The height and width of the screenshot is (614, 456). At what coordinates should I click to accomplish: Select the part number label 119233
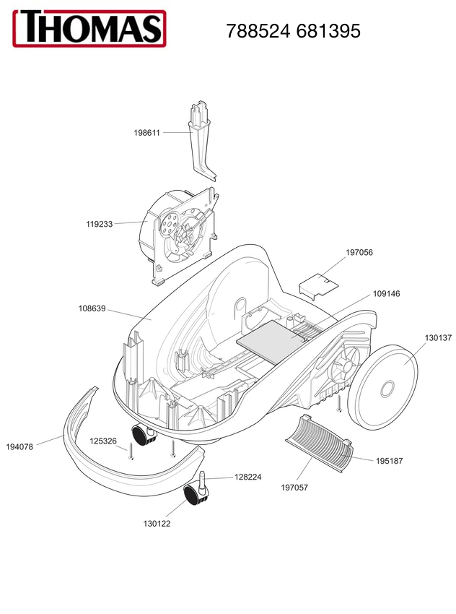[x=100, y=224]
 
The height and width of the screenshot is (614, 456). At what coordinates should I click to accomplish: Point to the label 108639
[x=92, y=308]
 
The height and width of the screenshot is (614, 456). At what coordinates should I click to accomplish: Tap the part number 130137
[x=438, y=337]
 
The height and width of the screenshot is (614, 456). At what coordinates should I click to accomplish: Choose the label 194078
[x=19, y=446]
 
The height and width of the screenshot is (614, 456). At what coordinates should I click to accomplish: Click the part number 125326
[x=103, y=441]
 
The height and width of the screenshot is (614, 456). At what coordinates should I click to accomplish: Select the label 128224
[x=247, y=477]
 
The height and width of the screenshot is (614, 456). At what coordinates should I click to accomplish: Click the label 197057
[x=294, y=488]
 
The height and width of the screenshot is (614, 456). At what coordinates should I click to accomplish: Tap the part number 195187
[x=390, y=461]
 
